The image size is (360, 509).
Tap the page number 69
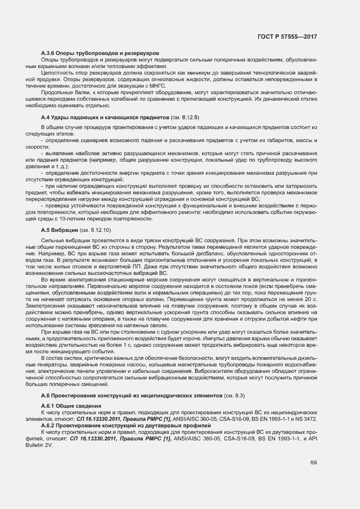coord(314,462)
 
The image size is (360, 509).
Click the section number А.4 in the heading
coord(46,117)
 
